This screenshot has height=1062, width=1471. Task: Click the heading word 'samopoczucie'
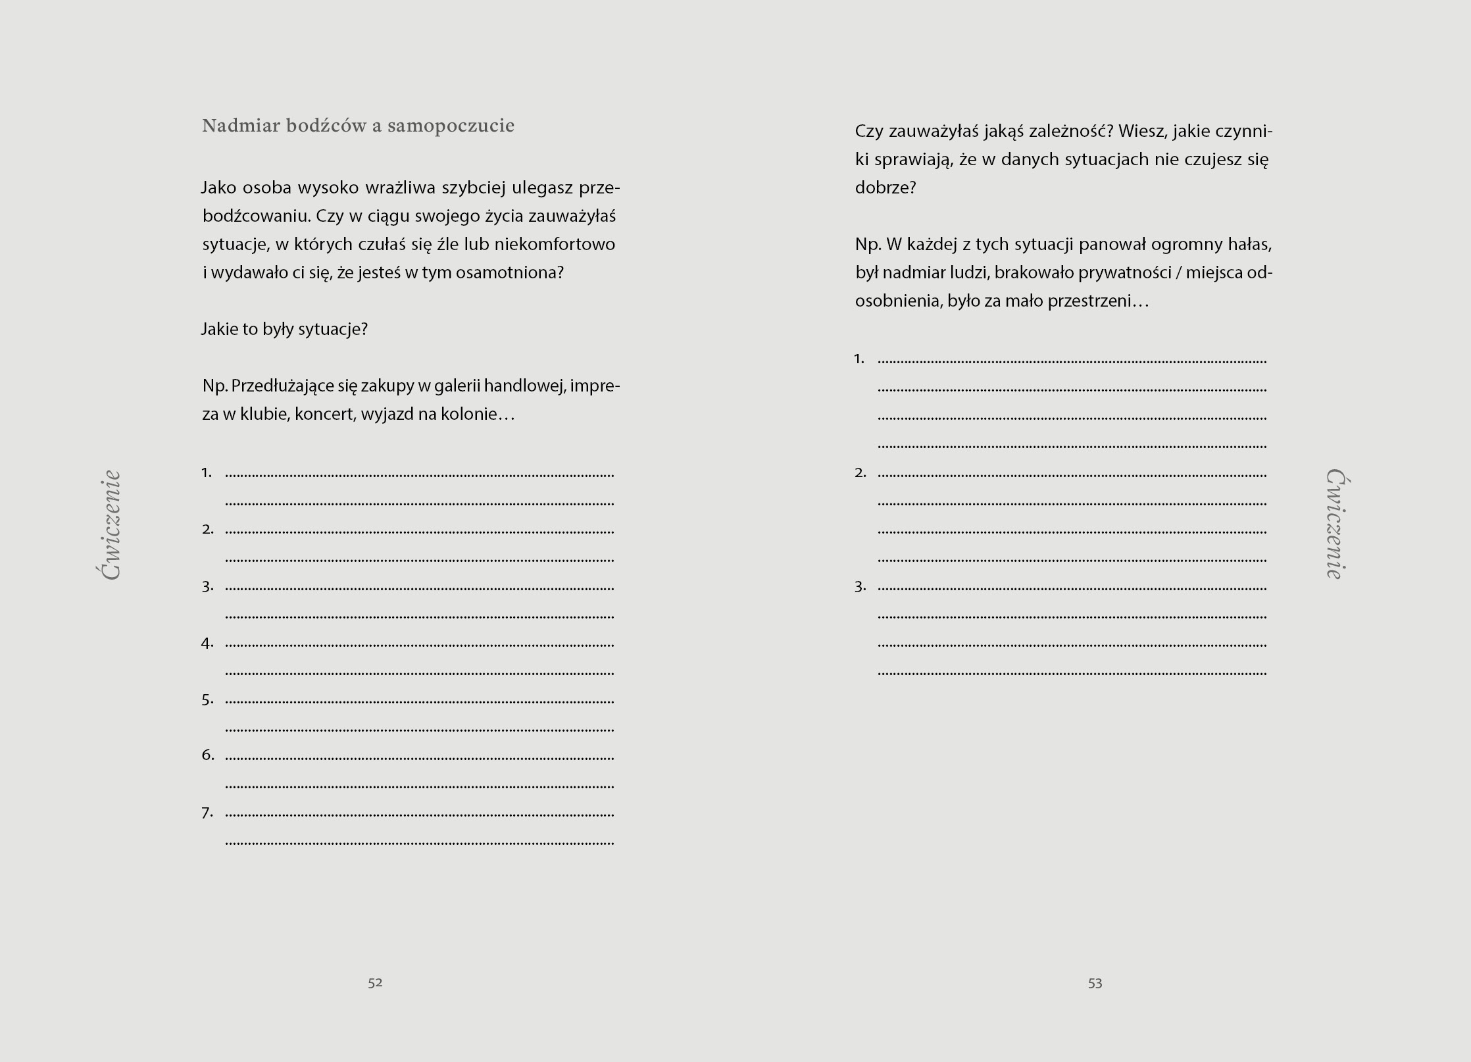[x=451, y=126]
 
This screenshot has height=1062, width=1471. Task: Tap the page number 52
[x=375, y=982]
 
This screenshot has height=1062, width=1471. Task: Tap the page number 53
[x=1095, y=983]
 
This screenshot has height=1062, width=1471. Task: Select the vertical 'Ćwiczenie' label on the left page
[x=111, y=524]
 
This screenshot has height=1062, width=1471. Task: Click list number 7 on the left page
[x=208, y=813]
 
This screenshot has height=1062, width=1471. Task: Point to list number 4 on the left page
[x=208, y=643]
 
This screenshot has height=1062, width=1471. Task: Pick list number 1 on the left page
[x=207, y=472]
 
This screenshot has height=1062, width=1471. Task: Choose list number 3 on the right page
[x=860, y=586]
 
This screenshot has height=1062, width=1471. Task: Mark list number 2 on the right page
[x=860, y=472]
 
